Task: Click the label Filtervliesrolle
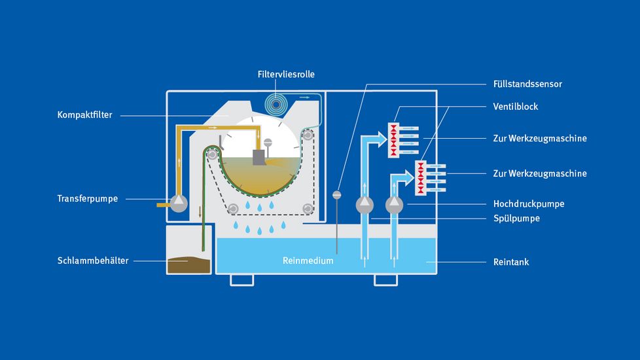click(x=286, y=75)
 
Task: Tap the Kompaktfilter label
click(x=85, y=115)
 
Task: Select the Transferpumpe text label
click(x=87, y=198)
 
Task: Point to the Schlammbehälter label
click(x=93, y=261)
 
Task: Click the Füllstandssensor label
click(x=527, y=84)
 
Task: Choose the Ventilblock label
click(x=516, y=106)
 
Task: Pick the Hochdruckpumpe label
click(x=528, y=204)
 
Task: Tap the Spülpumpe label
click(x=516, y=218)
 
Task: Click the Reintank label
click(x=510, y=262)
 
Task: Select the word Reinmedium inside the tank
click(x=308, y=261)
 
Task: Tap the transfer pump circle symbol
click(x=179, y=204)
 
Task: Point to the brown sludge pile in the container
click(x=188, y=264)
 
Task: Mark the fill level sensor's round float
click(x=337, y=194)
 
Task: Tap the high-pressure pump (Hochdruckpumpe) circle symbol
click(x=393, y=204)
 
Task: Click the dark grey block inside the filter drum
click(x=258, y=158)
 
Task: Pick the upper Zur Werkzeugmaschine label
click(x=539, y=138)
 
